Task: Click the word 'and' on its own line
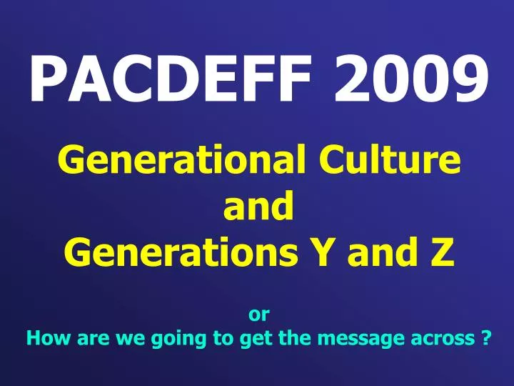pyautogui.click(x=259, y=207)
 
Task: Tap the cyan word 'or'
pyautogui.click(x=258, y=313)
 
